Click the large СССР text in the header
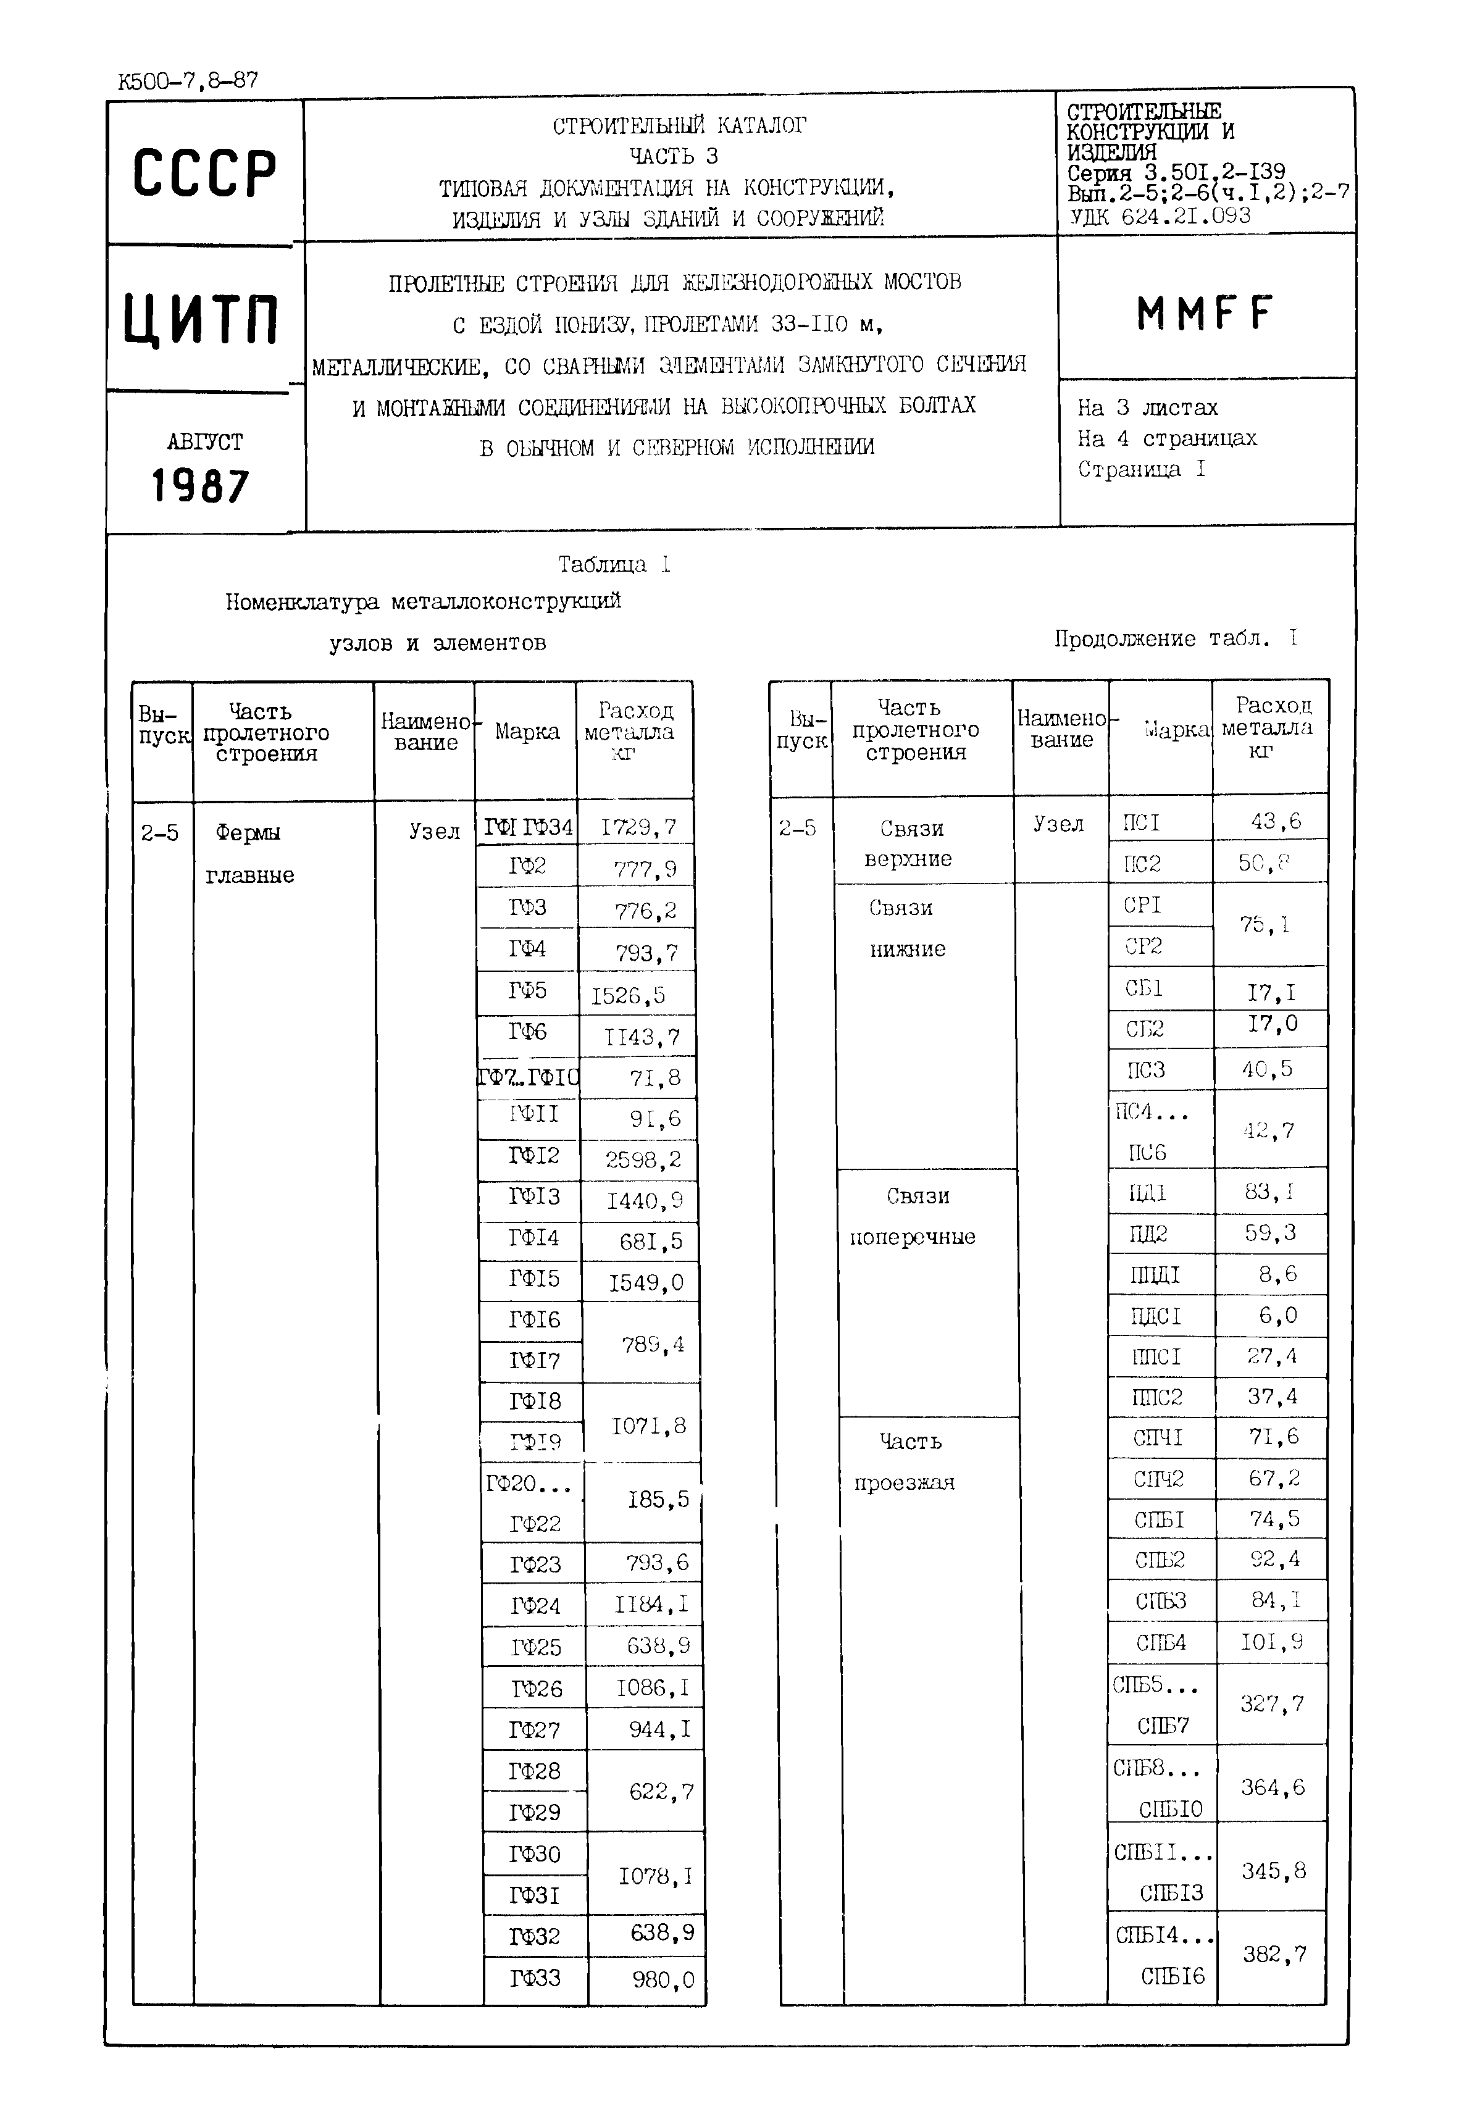(x=205, y=173)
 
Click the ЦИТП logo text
(x=201, y=319)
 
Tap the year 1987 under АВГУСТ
(x=200, y=487)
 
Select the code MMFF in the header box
(x=1204, y=314)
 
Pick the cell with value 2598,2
(x=643, y=1160)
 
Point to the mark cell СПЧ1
(x=1158, y=1438)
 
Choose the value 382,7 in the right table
(x=1273, y=1954)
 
